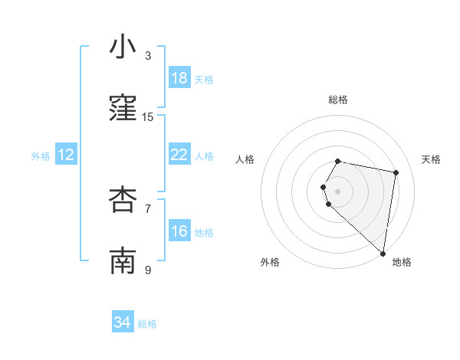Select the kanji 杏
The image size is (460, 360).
123,199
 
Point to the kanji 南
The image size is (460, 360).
123,261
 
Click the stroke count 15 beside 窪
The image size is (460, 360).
148,117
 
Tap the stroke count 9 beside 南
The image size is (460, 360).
148,270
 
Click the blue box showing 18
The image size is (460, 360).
179,78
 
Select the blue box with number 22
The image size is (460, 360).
179,155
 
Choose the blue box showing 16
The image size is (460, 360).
179,231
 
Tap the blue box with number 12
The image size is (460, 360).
66,155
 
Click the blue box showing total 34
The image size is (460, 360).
123,322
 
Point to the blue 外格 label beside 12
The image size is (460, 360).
41,156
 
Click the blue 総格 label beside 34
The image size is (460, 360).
147,324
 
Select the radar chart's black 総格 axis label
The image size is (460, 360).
338,100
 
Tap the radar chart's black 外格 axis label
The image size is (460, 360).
270,262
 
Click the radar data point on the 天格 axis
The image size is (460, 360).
396,172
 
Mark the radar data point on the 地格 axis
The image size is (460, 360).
383,252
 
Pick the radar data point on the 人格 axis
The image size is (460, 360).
324,187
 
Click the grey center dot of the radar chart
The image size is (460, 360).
338,191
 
